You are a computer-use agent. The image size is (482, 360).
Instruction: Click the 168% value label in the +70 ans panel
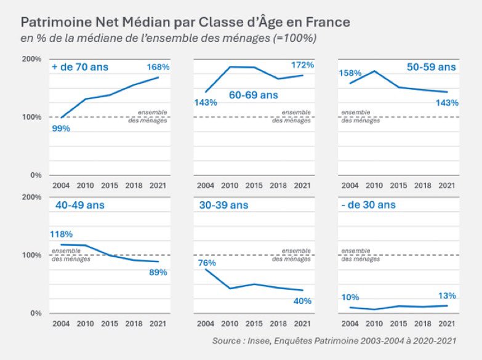click(158, 66)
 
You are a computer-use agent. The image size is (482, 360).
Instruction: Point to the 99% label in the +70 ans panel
click(61, 128)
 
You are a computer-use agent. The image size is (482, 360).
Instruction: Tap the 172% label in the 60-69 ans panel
click(302, 65)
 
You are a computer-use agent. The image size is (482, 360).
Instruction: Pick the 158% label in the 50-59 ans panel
click(350, 73)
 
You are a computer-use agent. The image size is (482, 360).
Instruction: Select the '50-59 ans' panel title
click(432, 66)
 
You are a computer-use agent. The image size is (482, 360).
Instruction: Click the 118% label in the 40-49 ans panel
click(62, 234)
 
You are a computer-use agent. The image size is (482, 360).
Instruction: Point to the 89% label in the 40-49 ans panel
click(158, 272)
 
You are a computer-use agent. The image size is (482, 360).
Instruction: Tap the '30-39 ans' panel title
click(223, 205)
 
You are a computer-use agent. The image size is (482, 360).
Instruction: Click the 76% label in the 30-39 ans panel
click(206, 263)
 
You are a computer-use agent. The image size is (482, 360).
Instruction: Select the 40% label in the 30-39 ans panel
click(302, 301)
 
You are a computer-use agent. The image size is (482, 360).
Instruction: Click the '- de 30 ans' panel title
click(369, 205)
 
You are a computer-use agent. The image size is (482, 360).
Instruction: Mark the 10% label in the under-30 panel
click(350, 298)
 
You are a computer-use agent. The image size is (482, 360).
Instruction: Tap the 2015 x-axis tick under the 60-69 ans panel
click(254, 185)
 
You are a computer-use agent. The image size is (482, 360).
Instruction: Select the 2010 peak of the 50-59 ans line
click(374, 71)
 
